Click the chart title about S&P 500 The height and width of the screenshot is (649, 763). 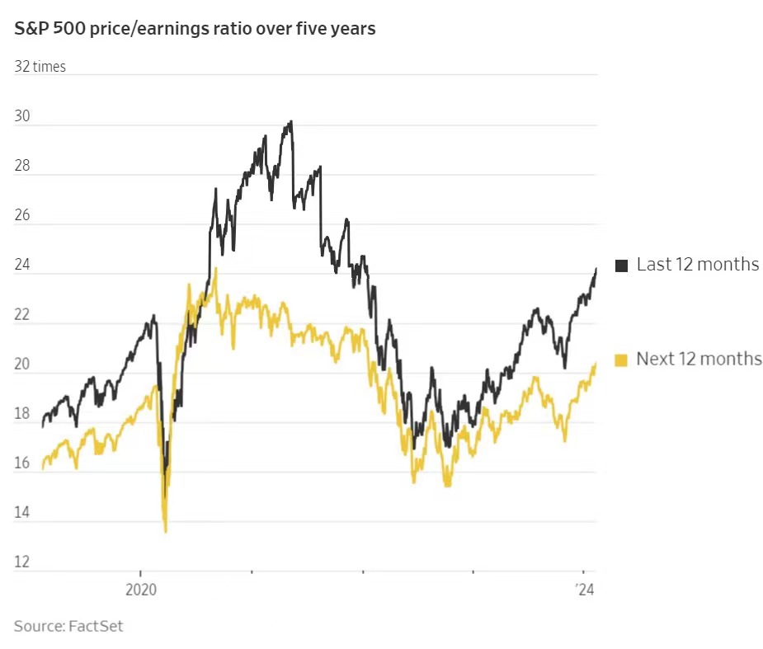click(x=195, y=29)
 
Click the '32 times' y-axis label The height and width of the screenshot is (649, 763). click(x=40, y=67)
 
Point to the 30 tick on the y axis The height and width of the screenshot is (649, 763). click(x=22, y=117)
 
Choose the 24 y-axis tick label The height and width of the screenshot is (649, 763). click(x=22, y=266)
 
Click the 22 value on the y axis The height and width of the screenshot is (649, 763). click(x=22, y=315)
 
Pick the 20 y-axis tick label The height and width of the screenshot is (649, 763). click(x=22, y=364)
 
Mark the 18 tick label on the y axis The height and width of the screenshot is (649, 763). click(x=22, y=414)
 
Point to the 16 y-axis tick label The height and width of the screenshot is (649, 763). click(x=22, y=463)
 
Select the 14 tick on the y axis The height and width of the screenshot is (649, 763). click(x=22, y=513)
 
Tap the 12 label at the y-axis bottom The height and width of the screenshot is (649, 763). click(x=22, y=562)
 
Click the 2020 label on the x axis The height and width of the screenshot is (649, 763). click(x=140, y=590)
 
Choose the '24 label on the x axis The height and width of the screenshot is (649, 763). click(x=584, y=590)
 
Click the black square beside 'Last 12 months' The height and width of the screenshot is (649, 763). click(x=622, y=265)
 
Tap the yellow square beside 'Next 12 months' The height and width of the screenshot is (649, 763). click(x=622, y=359)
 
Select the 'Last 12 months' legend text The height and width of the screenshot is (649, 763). click(x=698, y=265)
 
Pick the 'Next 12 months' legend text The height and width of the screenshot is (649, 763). click(x=699, y=359)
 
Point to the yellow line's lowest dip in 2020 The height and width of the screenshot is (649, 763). click(x=165, y=531)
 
